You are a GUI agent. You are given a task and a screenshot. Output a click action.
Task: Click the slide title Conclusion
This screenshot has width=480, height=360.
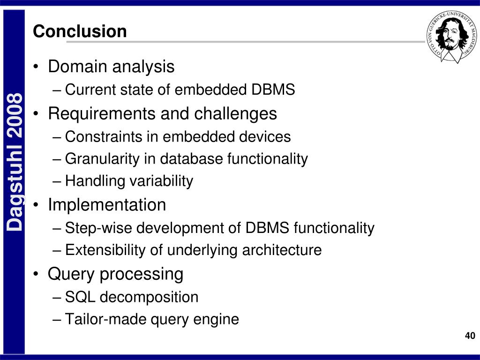click(80, 31)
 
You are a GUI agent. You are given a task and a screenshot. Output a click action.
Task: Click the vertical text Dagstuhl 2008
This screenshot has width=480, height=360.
click(15, 162)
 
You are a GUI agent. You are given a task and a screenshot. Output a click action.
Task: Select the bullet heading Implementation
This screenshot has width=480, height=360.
click(107, 205)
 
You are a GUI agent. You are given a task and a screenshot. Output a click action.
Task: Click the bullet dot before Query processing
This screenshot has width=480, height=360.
click(37, 275)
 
